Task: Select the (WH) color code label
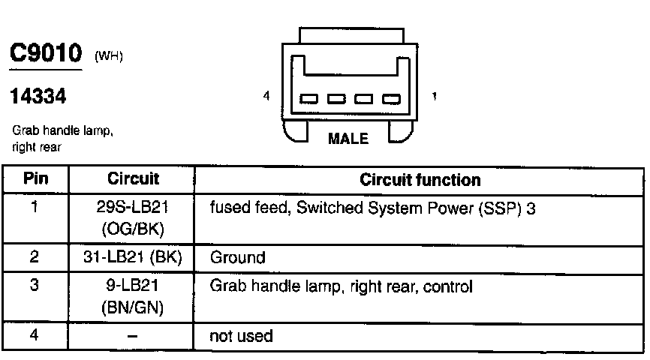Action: pos(109,58)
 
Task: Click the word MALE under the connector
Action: pos(349,139)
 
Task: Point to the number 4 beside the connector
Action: pos(266,96)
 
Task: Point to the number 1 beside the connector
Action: pos(435,96)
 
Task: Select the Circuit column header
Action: pos(133,180)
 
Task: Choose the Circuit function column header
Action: pos(420,180)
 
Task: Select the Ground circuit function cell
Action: pos(237,258)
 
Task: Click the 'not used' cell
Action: pos(241,336)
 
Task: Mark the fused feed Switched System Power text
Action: pos(372,208)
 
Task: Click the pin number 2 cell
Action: pos(35,258)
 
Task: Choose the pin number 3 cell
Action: pos(35,286)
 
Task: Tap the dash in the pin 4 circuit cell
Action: pos(132,337)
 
